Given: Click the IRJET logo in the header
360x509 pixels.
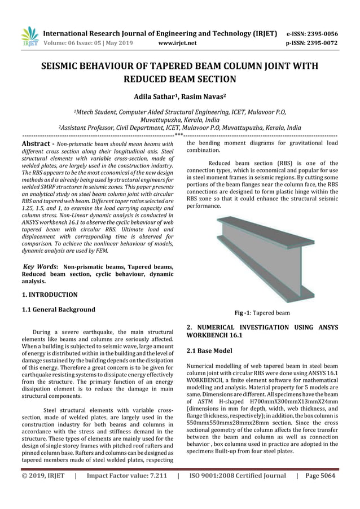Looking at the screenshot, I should [28, 36].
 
